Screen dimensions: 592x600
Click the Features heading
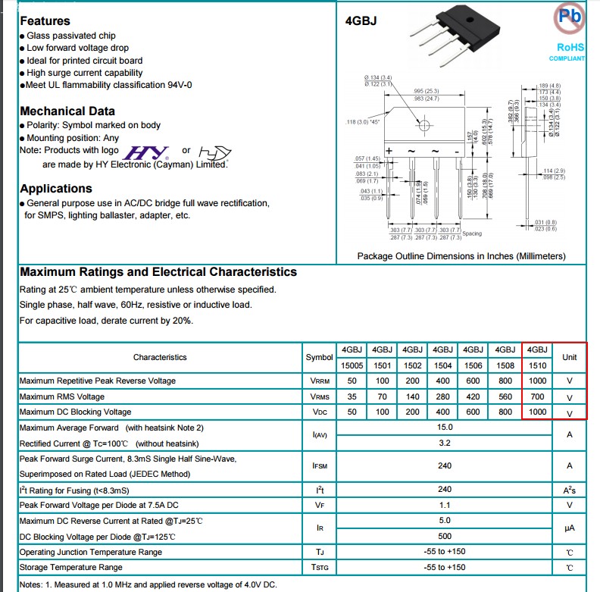coord(45,21)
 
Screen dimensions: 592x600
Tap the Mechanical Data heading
coord(67,111)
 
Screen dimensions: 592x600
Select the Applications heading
coord(56,189)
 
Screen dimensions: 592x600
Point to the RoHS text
coord(570,47)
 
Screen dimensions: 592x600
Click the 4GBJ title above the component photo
coord(360,21)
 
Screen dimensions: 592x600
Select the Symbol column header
coord(319,357)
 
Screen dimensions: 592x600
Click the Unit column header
coord(569,357)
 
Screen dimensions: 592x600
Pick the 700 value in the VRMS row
coord(536,396)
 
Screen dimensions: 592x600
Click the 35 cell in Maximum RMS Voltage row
coord(352,396)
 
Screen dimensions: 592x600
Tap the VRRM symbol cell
coord(319,381)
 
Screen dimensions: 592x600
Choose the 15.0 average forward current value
coord(445,428)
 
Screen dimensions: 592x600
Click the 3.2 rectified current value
coord(445,443)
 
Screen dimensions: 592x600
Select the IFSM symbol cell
coord(319,466)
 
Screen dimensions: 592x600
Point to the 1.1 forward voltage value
coord(445,505)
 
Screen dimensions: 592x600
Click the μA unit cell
coord(569,528)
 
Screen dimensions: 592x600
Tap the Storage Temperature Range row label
coord(70,567)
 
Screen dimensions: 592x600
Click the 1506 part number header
coord(473,365)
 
